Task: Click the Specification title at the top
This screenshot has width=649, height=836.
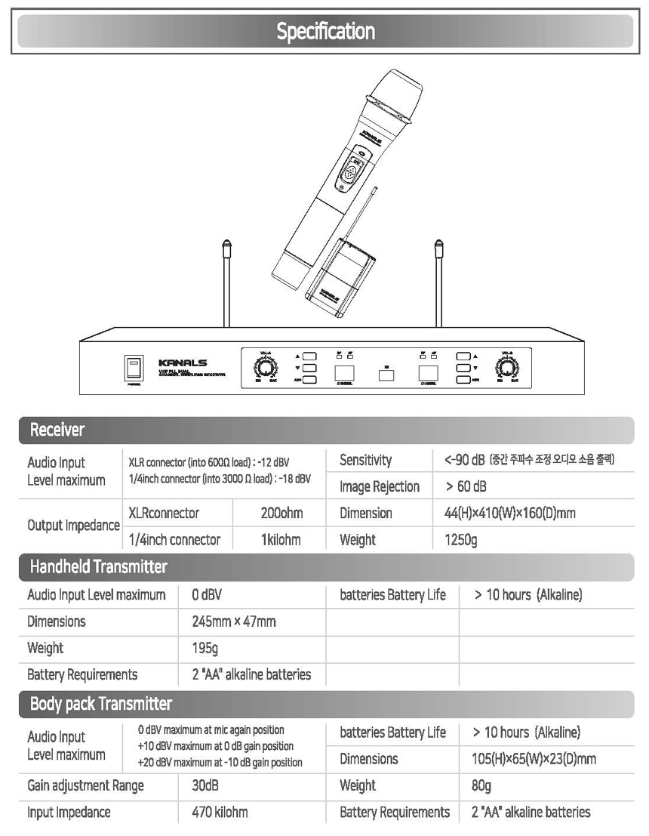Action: pyautogui.click(x=325, y=32)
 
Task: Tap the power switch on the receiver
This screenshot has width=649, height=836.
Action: pyautogui.click(x=134, y=368)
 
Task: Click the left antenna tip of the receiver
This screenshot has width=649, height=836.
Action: pyautogui.click(x=224, y=245)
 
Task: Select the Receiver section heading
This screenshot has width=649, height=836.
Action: pyautogui.click(x=57, y=430)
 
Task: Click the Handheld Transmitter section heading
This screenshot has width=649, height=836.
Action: pyautogui.click(x=98, y=566)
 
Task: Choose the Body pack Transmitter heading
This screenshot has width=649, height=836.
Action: pyautogui.click(x=101, y=704)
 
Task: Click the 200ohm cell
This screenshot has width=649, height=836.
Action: pyautogui.click(x=281, y=514)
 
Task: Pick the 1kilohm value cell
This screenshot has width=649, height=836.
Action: pyautogui.click(x=281, y=540)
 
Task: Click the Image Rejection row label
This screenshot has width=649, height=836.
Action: pyautogui.click(x=380, y=486)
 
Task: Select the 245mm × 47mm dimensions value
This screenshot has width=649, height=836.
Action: pyautogui.click(x=234, y=622)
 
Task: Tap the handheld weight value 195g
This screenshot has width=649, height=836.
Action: pyautogui.click(x=205, y=648)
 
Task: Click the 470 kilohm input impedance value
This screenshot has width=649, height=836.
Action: pyautogui.click(x=220, y=813)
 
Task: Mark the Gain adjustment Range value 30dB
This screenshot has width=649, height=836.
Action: pyautogui.click(x=205, y=785)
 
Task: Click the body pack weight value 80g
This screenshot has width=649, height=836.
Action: pyautogui.click(x=481, y=785)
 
